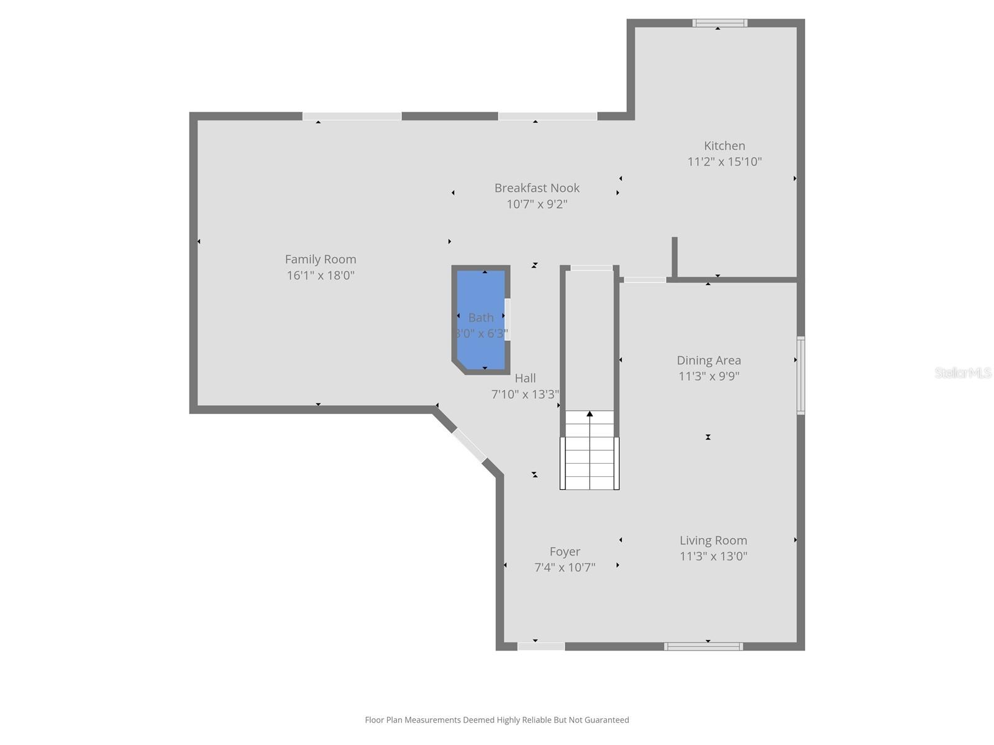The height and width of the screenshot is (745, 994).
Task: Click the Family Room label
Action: coord(321,260)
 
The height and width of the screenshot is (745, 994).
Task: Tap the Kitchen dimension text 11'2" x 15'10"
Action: coord(724,162)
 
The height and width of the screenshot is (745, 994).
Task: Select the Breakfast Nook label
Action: coord(537,188)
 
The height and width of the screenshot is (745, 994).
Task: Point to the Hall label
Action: coord(525,378)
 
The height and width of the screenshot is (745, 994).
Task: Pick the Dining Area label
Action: coord(709,360)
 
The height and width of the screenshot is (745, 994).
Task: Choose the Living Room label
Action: coord(713,541)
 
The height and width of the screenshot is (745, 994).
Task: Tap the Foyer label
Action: coord(565,552)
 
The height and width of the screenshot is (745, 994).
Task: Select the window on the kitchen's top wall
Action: coord(720,23)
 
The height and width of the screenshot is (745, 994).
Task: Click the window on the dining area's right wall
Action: coord(801,375)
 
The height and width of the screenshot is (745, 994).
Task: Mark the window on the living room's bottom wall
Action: coord(703,646)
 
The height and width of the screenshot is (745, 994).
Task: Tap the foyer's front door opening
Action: coord(541,646)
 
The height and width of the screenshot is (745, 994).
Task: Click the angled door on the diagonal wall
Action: coord(469,445)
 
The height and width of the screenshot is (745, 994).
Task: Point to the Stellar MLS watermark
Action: coord(963,373)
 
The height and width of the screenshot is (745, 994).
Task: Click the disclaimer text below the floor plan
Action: coord(497,720)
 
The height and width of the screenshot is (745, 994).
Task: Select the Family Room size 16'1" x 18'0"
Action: coord(321,276)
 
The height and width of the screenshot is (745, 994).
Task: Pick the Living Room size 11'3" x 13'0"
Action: coord(713,557)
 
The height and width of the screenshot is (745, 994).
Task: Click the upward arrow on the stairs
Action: coord(590,414)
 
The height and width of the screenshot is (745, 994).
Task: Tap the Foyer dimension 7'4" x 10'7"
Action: coord(565,567)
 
